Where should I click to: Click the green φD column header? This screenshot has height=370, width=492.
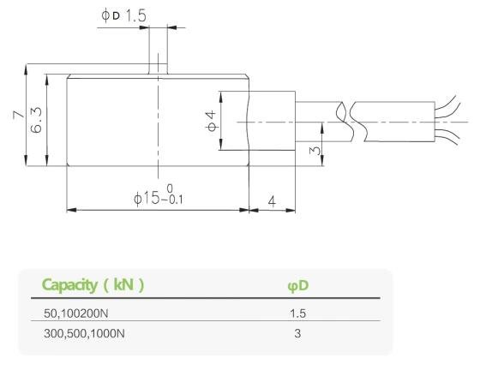pyautogui.click(x=296, y=284)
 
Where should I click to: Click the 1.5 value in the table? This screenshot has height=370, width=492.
pyautogui.click(x=296, y=313)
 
